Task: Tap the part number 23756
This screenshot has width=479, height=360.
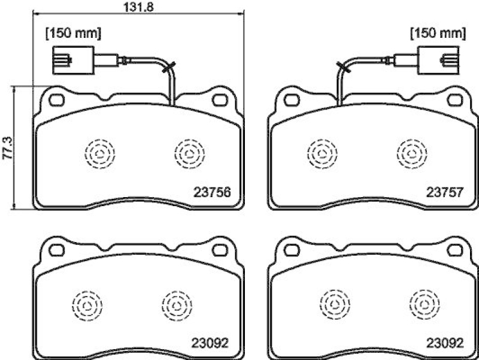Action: pyautogui.click(x=211, y=193)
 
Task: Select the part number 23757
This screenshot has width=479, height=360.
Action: pyautogui.click(x=444, y=193)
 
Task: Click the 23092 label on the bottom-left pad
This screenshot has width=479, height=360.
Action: pyautogui.click(x=211, y=344)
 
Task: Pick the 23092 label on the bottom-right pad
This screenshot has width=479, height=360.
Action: pyautogui.click(x=444, y=344)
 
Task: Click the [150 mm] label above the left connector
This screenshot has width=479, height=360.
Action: pyautogui.click(x=73, y=33)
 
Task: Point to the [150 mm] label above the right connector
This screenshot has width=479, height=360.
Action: pyautogui.click(x=437, y=33)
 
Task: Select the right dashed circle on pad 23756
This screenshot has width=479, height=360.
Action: pyautogui.click(x=188, y=153)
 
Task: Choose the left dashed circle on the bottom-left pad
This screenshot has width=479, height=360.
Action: pyautogui.click(x=87, y=305)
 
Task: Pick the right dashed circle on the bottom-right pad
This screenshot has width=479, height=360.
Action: pyautogui.click(x=423, y=305)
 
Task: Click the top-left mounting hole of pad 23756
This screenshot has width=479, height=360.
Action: pyautogui.click(x=57, y=98)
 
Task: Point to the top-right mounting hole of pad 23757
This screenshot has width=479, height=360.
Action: pyautogui.click(x=453, y=98)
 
